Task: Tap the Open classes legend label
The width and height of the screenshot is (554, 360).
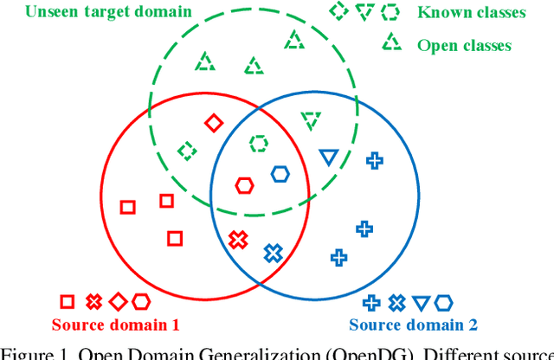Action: pos(464,45)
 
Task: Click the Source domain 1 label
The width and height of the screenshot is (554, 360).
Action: pos(115,325)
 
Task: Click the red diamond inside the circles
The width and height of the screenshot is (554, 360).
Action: pos(213,124)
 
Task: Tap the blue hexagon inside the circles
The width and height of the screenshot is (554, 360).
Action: pos(279,174)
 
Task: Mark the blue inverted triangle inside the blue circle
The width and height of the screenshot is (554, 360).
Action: pos(327,157)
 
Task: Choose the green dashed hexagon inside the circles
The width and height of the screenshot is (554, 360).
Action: pos(258,143)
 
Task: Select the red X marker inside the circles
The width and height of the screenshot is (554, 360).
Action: pos(236,240)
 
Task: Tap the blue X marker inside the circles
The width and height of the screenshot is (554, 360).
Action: pos(273,254)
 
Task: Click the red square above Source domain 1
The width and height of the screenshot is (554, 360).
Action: pos(67,302)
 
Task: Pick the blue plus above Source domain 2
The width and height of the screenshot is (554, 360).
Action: pos(372,302)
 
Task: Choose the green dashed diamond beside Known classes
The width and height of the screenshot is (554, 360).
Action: pos(338,12)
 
